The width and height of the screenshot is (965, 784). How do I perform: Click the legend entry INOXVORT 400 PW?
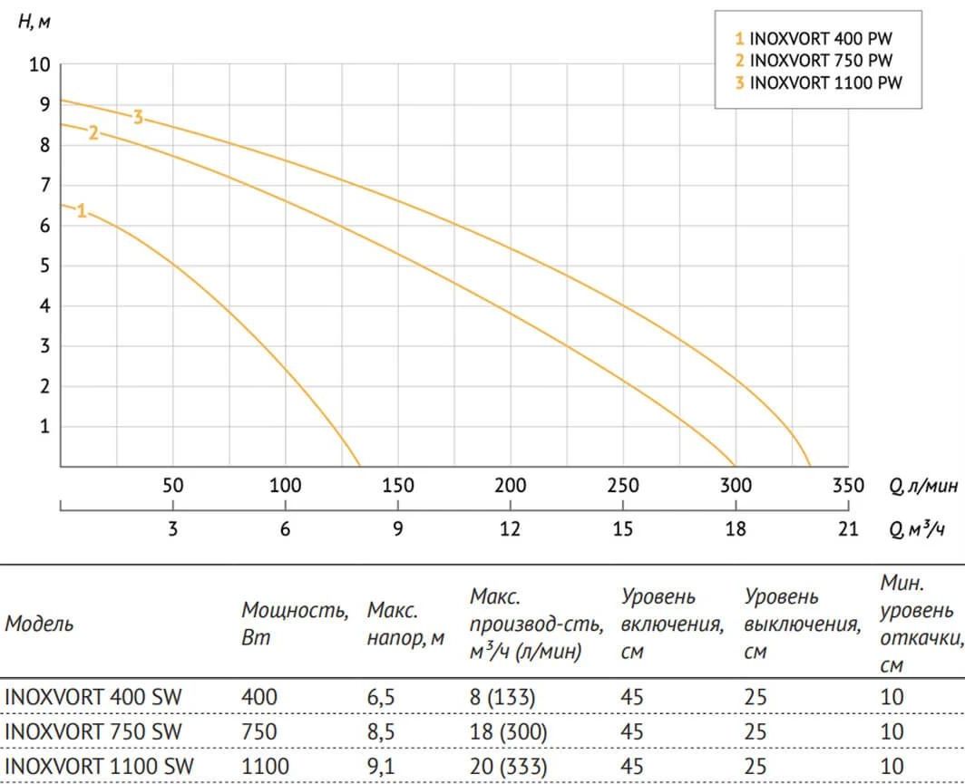coord(814,39)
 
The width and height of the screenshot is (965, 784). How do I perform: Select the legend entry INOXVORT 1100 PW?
coord(818,83)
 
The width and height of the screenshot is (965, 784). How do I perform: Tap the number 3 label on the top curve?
coord(138,117)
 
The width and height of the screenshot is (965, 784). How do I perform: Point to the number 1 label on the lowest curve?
coord(82,211)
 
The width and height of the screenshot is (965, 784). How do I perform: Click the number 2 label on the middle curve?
coord(93,133)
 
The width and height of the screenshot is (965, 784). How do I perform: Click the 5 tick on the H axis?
coord(44,266)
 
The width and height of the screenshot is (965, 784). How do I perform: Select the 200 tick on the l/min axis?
coord(510,486)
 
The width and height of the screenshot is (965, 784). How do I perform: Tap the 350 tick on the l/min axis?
coord(847,486)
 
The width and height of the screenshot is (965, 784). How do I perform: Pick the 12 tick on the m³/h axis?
coord(510,528)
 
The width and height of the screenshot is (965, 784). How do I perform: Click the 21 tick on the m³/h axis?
coord(847,528)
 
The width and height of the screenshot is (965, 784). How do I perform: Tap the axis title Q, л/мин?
coord(922,486)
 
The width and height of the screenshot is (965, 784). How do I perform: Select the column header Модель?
coord(39,624)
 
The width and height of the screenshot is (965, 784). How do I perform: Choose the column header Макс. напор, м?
coord(405,624)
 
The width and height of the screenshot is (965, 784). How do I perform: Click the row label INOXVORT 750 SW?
coord(93,731)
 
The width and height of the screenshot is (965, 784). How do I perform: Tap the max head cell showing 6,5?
coord(382,697)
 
